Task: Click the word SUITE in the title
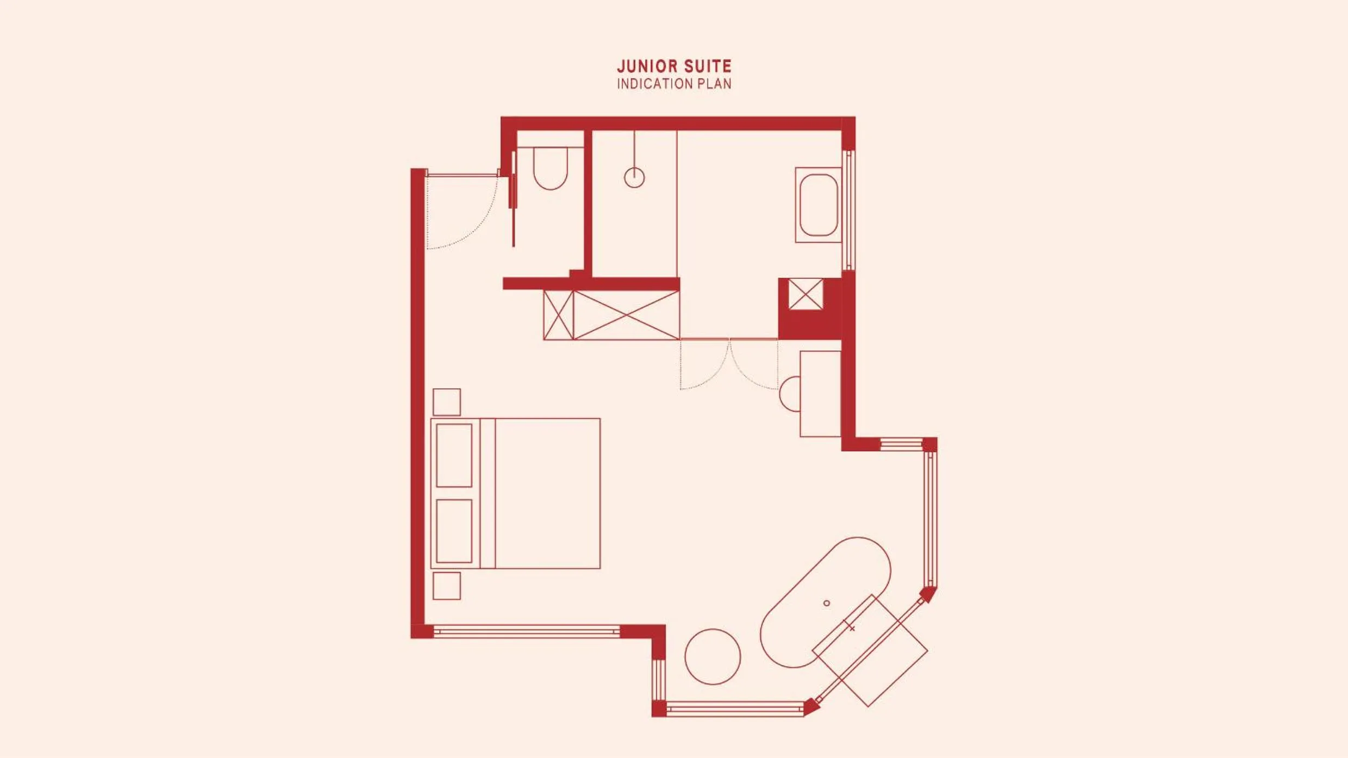click(708, 66)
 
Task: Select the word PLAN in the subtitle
click(715, 84)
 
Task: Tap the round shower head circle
click(634, 178)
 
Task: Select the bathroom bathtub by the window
click(819, 205)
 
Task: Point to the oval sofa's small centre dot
click(827, 603)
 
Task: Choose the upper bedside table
click(447, 402)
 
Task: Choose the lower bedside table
click(447, 586)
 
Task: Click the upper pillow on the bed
click(454, 456)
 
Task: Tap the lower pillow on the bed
click(454, 531)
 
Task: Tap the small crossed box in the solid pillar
click(806, 294)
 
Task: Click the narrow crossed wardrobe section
click(559, 315)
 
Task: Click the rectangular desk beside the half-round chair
click(821, 394)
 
